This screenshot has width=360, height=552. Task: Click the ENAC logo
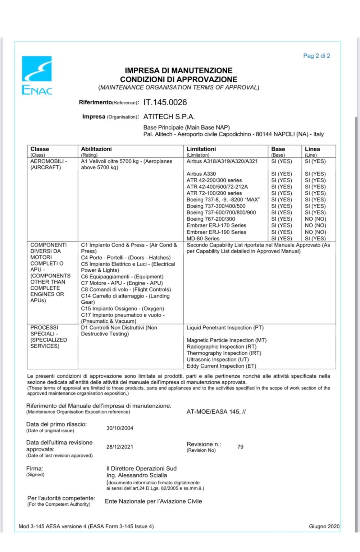37,75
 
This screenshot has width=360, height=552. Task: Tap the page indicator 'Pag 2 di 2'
316,56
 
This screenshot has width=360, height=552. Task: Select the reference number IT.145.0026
165,102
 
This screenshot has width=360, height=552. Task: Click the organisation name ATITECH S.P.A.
169,117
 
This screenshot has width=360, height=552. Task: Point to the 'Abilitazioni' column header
96,149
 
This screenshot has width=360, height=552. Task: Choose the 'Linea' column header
312,149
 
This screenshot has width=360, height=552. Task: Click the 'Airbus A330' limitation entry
201,174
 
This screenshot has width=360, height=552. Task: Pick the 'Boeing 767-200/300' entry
211,219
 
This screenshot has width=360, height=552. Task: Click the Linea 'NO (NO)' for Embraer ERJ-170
315,225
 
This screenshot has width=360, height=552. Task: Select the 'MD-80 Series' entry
203,239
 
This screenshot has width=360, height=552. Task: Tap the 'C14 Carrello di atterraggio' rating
125,296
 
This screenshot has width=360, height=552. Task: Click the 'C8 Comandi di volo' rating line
126,290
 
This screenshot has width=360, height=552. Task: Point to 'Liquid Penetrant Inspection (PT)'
225,328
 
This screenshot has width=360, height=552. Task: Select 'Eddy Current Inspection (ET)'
221,366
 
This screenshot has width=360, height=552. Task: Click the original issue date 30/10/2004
120,428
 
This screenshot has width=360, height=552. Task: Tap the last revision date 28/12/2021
120,447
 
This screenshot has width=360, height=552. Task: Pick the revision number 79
240,447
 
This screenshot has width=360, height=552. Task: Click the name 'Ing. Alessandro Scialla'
136,475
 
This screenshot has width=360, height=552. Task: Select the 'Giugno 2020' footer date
324,526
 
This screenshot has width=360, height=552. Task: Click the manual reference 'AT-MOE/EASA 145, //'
216,412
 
